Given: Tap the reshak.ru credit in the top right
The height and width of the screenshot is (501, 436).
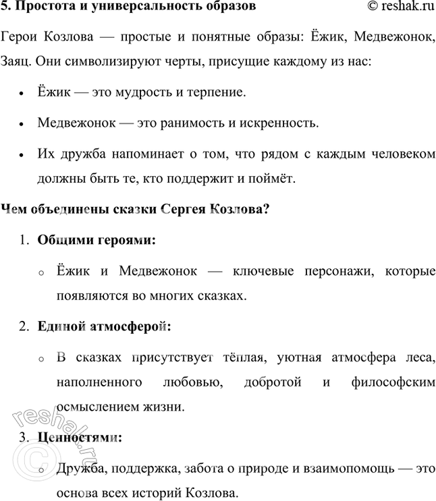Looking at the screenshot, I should (396, 7).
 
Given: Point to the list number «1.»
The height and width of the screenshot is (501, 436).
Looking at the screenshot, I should (24, 240).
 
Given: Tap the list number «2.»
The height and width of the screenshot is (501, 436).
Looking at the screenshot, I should (24, 326).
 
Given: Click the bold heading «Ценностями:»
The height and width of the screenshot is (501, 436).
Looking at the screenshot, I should (80, 438).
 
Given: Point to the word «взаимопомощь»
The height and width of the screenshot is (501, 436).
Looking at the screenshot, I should (357, 469).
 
